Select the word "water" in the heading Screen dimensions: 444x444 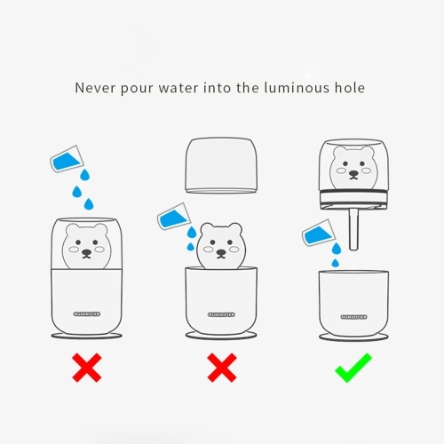click(x=178, y=89)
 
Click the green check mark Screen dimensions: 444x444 click(x=353, y=368)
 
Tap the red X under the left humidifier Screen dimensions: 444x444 click(x=87, y=368)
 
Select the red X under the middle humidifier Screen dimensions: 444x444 click(x=222, y=368)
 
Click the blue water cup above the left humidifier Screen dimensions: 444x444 click(x=67, y=159)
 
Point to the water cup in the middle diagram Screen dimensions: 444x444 click(x=174, y=217)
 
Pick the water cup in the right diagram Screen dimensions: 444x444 click(x=319, y=234)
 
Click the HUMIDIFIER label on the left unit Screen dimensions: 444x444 click(x=87, y=313)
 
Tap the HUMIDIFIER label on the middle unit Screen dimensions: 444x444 click(x=221, y=314)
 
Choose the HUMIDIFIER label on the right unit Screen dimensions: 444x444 click(x=353, y=317)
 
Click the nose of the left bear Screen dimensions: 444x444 click(x=86, y=252)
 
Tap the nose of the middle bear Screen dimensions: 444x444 click(x=221, y=252)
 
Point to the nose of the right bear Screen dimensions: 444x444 click(x=353, y=173)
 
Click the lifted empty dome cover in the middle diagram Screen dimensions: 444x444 click(x=221, y=165)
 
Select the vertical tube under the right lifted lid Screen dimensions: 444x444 click(x=353, y=229)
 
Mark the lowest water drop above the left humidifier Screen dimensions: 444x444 click(x=89, y=204)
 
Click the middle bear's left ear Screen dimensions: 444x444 click(x=206, y=229)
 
